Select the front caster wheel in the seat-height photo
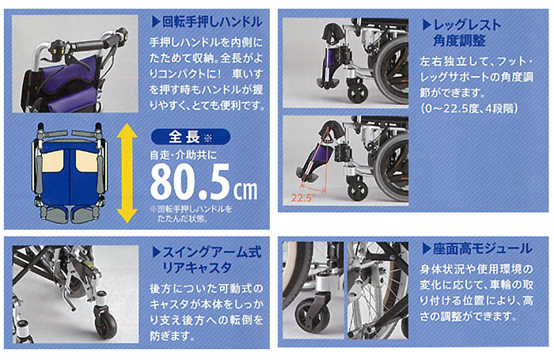click(x=310, y=320)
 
